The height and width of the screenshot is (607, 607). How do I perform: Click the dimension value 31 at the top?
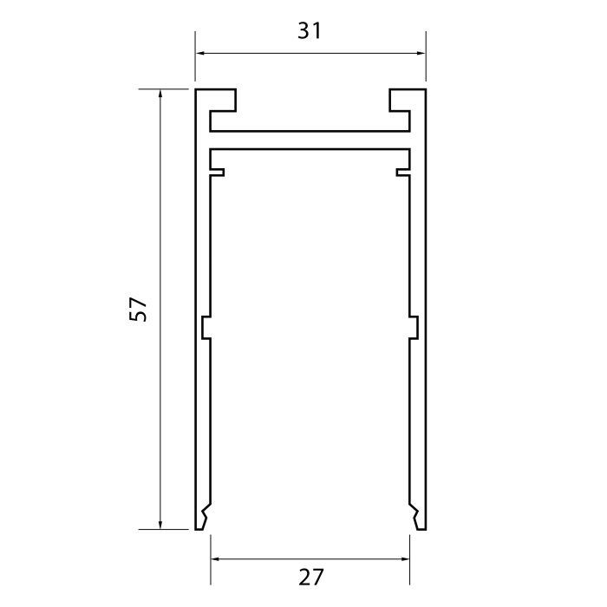[x=310, y=31]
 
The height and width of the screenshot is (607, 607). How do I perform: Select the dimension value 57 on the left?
[x=139, y=310]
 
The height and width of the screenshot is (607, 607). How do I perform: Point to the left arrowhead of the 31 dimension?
[x=199, y=54]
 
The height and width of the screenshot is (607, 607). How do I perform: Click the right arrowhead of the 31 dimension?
[x=421, y=54]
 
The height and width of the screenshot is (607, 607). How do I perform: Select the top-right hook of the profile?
[x=401, y=100]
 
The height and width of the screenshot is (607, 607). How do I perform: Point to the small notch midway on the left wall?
[x=206, y=328]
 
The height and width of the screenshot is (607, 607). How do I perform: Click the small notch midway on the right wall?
[x=414, y=328]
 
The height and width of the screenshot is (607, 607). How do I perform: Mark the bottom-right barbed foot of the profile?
[x=419, y=518]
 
